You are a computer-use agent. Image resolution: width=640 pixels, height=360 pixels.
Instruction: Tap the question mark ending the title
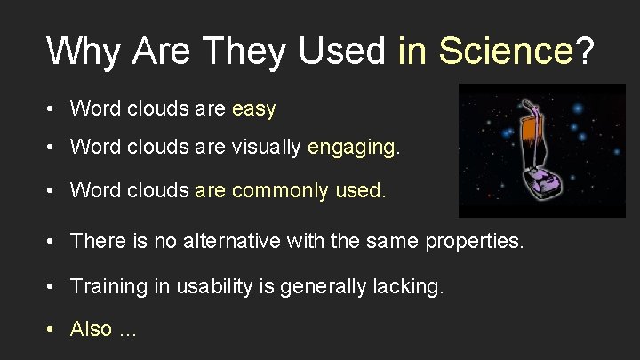point(584,51)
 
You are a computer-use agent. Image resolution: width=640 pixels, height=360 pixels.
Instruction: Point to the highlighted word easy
point(253,109)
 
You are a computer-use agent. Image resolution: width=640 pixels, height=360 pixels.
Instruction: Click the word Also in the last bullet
point(91,329)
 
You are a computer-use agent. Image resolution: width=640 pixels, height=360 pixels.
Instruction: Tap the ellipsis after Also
point(128,330)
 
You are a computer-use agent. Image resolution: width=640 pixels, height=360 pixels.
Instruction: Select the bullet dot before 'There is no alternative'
point(52,241)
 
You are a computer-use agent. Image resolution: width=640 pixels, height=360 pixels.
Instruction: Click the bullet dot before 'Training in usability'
point(52,286)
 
